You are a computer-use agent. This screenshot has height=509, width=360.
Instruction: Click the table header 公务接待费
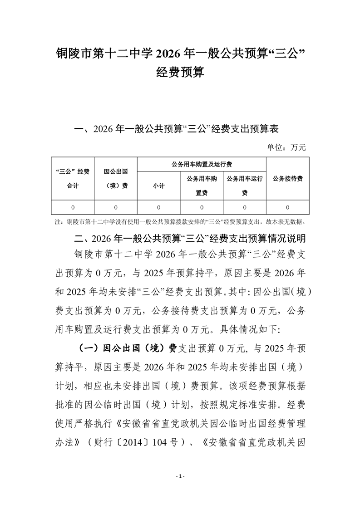click(288, 178)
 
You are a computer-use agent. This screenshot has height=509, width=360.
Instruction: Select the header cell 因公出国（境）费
click(115, 178)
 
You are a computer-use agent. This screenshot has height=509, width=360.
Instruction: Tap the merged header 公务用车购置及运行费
click(201, 164)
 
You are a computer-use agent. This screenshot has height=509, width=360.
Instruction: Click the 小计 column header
click(158, 186)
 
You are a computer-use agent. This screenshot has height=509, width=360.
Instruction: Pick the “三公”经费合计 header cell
click(72, 178)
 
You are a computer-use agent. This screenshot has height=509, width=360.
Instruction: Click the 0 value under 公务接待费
click(288, 207)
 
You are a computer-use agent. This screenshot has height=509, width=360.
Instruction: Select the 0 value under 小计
click(158, 207)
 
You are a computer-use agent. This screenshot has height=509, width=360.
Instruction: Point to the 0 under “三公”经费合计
click(72, 207)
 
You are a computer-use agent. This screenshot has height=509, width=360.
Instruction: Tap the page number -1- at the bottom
click(180, 476)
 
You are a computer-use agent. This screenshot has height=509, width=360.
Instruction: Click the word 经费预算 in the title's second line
click(180, 72)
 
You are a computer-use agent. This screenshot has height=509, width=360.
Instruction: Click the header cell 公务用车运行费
click(245, 186)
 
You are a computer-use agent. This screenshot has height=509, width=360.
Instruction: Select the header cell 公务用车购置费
click(202, 186)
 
